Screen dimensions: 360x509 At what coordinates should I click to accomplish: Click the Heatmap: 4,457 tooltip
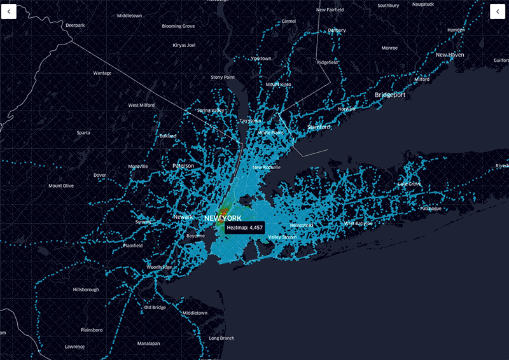click(x=244, y=227)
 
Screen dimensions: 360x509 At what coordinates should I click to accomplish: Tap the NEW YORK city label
click(x=223, y=218)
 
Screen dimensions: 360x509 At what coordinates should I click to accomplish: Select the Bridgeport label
click(x=390, y=95)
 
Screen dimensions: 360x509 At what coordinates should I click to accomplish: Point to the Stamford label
click(x=319, y=127)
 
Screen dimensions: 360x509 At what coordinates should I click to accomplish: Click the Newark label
click(x=183, y=217)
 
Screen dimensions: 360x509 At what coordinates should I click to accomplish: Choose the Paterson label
click(x=183, y=165)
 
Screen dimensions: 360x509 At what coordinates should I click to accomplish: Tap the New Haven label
click(x=450, y=55)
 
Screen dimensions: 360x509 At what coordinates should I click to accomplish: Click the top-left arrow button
click(x=8, y=11)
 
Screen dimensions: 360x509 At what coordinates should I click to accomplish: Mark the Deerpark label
click(x=75, y=25)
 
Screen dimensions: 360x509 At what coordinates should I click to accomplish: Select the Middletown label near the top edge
click(x=130, y=15)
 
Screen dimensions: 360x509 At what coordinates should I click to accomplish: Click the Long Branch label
click(x=221, y=338)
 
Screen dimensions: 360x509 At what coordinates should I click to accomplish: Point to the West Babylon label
click(x=358, y=223)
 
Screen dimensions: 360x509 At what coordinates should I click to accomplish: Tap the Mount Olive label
click(x=61, y=186)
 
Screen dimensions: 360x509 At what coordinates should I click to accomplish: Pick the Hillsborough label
click(x=86, y=289)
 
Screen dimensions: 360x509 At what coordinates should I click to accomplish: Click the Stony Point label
click(x=223, y=77)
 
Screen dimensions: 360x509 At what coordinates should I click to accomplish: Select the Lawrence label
click(x=74, y=347)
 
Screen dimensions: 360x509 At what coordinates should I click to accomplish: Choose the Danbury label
click(x=337, y=30)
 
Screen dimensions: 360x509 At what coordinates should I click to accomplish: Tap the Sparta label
click(x=83, y=133)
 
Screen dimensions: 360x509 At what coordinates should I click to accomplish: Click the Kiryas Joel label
click(x=184, y=45)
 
